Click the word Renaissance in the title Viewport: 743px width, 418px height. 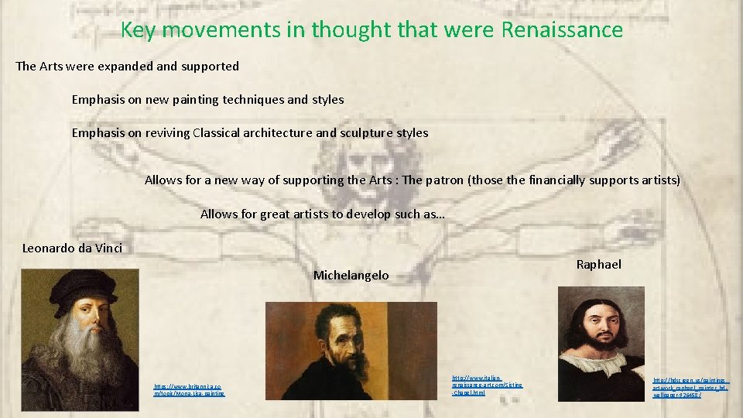[562, 30]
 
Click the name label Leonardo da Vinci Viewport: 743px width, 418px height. [72, 248]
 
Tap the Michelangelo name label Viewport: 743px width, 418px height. [351, 276]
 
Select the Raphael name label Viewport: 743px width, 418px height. [598, 265]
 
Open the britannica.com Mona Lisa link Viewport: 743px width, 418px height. [189, 389]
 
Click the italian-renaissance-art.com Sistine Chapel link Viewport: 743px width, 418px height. [487, 385]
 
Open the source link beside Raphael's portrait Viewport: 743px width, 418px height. [690, 387]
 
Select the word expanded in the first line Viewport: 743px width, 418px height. [126, 67]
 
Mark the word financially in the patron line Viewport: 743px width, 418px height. [567, 180]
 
